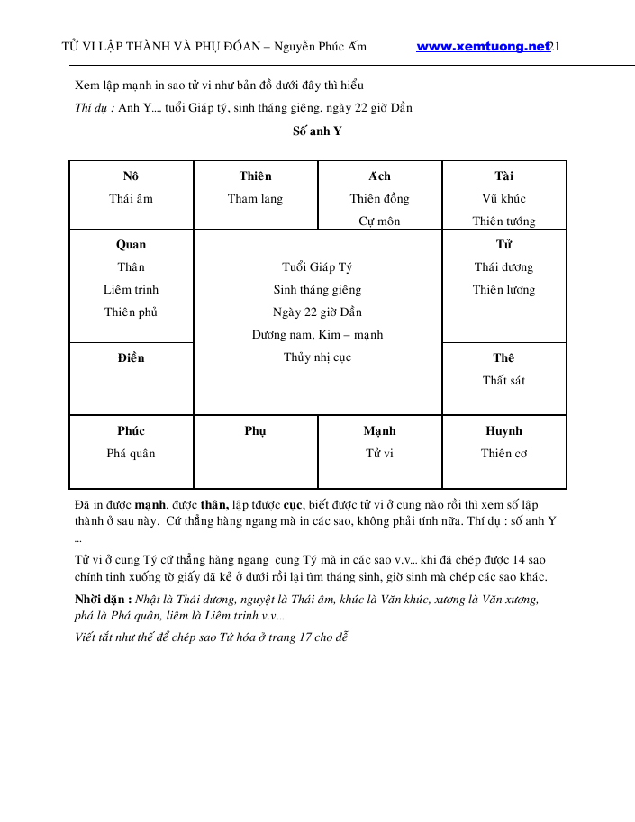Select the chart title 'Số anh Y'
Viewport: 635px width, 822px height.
(x=317, y=131)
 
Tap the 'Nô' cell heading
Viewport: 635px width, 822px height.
(x=131, y=176)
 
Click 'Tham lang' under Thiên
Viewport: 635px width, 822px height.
(x=255, y=199)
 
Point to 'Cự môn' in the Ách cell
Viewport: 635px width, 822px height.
(x=379, y=221)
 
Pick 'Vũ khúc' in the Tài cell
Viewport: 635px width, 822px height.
(x=503, y=199)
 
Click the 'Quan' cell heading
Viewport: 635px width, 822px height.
(x=131, y=245)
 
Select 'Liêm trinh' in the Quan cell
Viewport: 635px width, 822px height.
(x=131, y=290)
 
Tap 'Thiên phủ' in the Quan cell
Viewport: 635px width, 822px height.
(x=131, y=312)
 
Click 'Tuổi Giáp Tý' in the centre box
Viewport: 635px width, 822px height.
(x=317, y=267)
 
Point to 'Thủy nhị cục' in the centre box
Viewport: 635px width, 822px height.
(x=317, y=357)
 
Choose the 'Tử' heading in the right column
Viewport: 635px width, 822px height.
(x=503, y=245)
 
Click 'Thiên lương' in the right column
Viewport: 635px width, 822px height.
(x=503, y=290)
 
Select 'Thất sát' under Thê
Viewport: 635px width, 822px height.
(x=503, y=381)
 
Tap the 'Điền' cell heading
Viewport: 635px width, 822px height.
(x=131, y=358)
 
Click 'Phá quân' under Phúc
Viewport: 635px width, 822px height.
(x=131, y=454)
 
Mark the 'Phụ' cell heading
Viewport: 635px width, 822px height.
(x=255, y=431)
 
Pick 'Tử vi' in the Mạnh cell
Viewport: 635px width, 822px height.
(x=379, y=454)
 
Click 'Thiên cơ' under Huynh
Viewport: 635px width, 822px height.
(x=503, y=454)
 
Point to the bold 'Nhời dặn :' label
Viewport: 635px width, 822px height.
(x=104, y=600)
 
